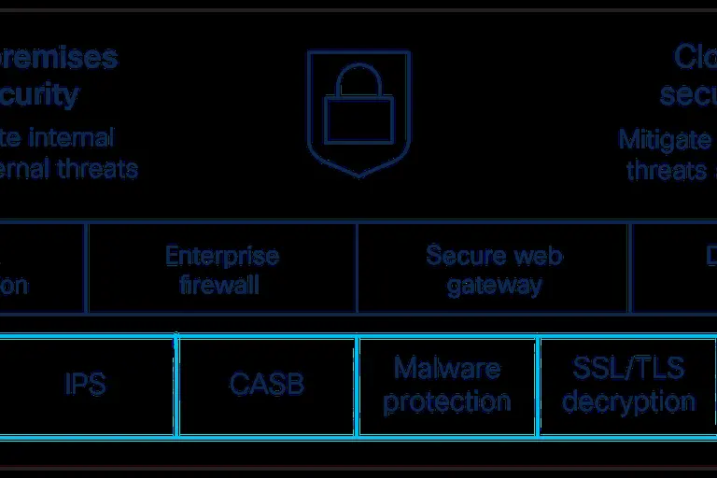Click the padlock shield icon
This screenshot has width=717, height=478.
[x=358, y=112]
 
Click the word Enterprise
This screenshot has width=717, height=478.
[x=221, y=255]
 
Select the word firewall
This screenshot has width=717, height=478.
[x=221, y=284]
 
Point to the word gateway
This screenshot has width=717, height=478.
[x=494, y=284]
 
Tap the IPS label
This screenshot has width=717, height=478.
[x=85, y=385]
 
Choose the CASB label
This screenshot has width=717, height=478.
[x=267, y=385]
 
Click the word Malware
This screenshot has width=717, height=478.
[x=447, y=368]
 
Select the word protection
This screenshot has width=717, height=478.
[x=447, y=401]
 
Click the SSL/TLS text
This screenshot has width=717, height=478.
[x=628, y=368]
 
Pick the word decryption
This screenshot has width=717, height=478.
[x=628, y=401]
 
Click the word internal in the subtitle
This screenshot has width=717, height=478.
[x=72, y=138]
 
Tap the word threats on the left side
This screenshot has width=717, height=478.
[x=96, y=169]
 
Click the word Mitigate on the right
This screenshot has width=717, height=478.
[x=664, y=139]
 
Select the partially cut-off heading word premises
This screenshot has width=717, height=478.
[x=58, y=57]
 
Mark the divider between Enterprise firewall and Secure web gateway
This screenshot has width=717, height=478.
[x=357, y=268]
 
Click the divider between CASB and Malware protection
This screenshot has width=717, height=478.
[x=358, y=386]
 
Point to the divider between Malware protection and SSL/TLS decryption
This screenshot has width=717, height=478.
[x=538, y=386]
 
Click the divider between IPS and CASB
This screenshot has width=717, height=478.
[x=176, y=386]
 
